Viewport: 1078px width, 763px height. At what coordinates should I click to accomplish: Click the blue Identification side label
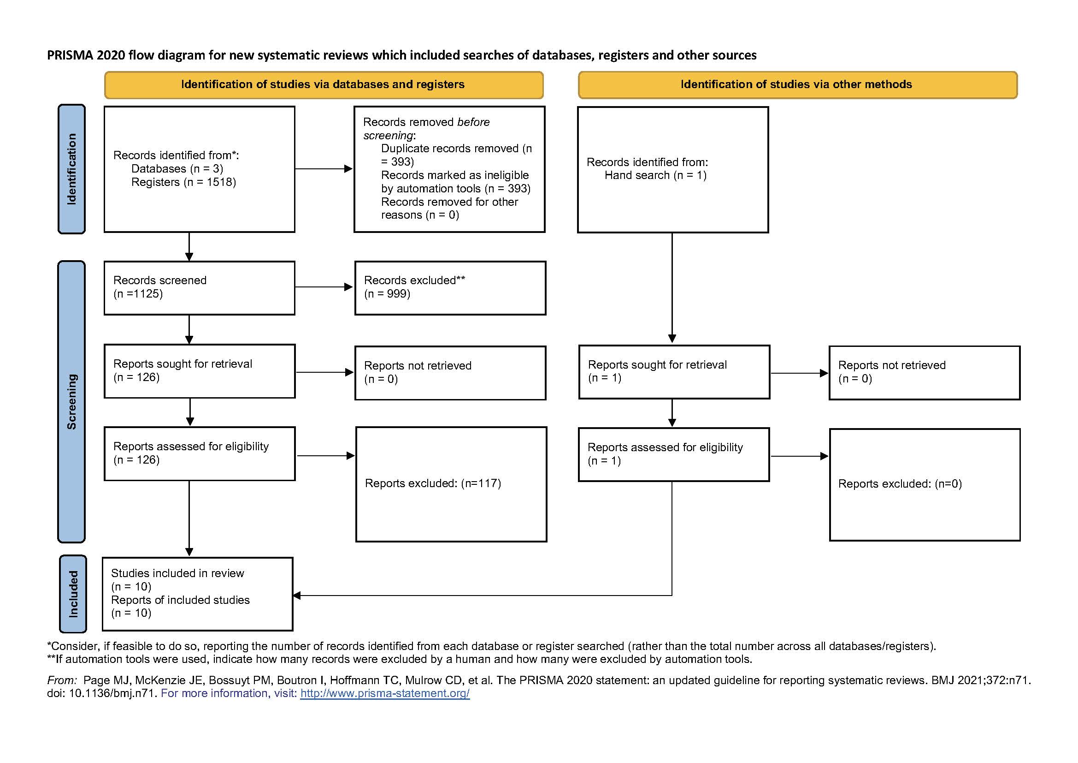71,169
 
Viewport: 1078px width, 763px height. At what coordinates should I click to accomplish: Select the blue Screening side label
71,402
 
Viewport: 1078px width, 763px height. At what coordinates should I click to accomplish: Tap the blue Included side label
73,594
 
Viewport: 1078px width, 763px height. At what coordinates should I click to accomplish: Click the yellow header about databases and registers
324,85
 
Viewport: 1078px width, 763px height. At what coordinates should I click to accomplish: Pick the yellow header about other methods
798,85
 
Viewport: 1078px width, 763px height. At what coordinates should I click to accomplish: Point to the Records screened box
200,288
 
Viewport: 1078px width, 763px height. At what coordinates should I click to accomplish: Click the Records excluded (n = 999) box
450,288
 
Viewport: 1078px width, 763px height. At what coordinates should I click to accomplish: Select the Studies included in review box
198,594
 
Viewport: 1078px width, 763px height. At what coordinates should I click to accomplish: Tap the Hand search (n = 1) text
655,176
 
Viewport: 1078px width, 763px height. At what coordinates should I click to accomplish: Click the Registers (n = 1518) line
183,182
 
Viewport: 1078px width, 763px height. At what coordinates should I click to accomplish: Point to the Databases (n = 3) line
177,169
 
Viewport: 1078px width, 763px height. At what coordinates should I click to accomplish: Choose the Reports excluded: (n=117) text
433,483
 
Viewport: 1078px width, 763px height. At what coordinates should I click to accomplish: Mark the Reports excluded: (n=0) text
900,484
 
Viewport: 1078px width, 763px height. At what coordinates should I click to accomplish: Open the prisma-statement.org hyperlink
385,693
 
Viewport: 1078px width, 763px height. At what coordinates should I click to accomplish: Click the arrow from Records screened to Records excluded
324,287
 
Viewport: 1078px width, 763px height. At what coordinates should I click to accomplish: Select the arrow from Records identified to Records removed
324,169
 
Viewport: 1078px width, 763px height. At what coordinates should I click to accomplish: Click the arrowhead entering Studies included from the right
297,596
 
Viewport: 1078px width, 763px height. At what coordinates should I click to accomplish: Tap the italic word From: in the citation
62,680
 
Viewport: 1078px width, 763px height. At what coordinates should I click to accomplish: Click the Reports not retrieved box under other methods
925,373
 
